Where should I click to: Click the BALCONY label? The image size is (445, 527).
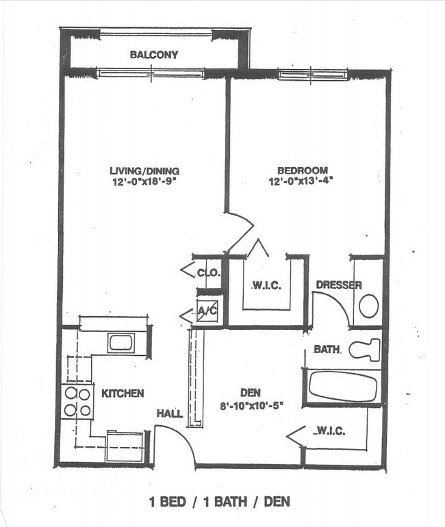pyautogui.click(x=154, y=54)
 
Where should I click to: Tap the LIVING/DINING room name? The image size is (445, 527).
pyautogui.click(x=144, y=170)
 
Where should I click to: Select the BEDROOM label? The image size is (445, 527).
pyautogui.click(x=302, y=170)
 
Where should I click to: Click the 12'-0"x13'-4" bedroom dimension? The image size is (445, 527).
pyautogui.click(x=302, y=181)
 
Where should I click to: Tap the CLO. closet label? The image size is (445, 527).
pyautogui.click(x=208, y=272)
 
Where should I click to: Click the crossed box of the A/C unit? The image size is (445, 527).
pyautogui.click(x=207, y=311)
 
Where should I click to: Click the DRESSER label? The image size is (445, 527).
pyautogui.click(x=338, y=285)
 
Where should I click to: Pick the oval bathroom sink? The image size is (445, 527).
pyautogui.click(x=369, y=306)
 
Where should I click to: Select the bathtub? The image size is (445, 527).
pyautogui.click(x=343, y=386)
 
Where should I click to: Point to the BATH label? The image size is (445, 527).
pyautogui.click(x=327, y=350)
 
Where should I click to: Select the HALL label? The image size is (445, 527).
pyautogui.click(x=169, y=413)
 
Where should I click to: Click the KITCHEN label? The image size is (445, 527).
pyautogui.click(x=123, y=393)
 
